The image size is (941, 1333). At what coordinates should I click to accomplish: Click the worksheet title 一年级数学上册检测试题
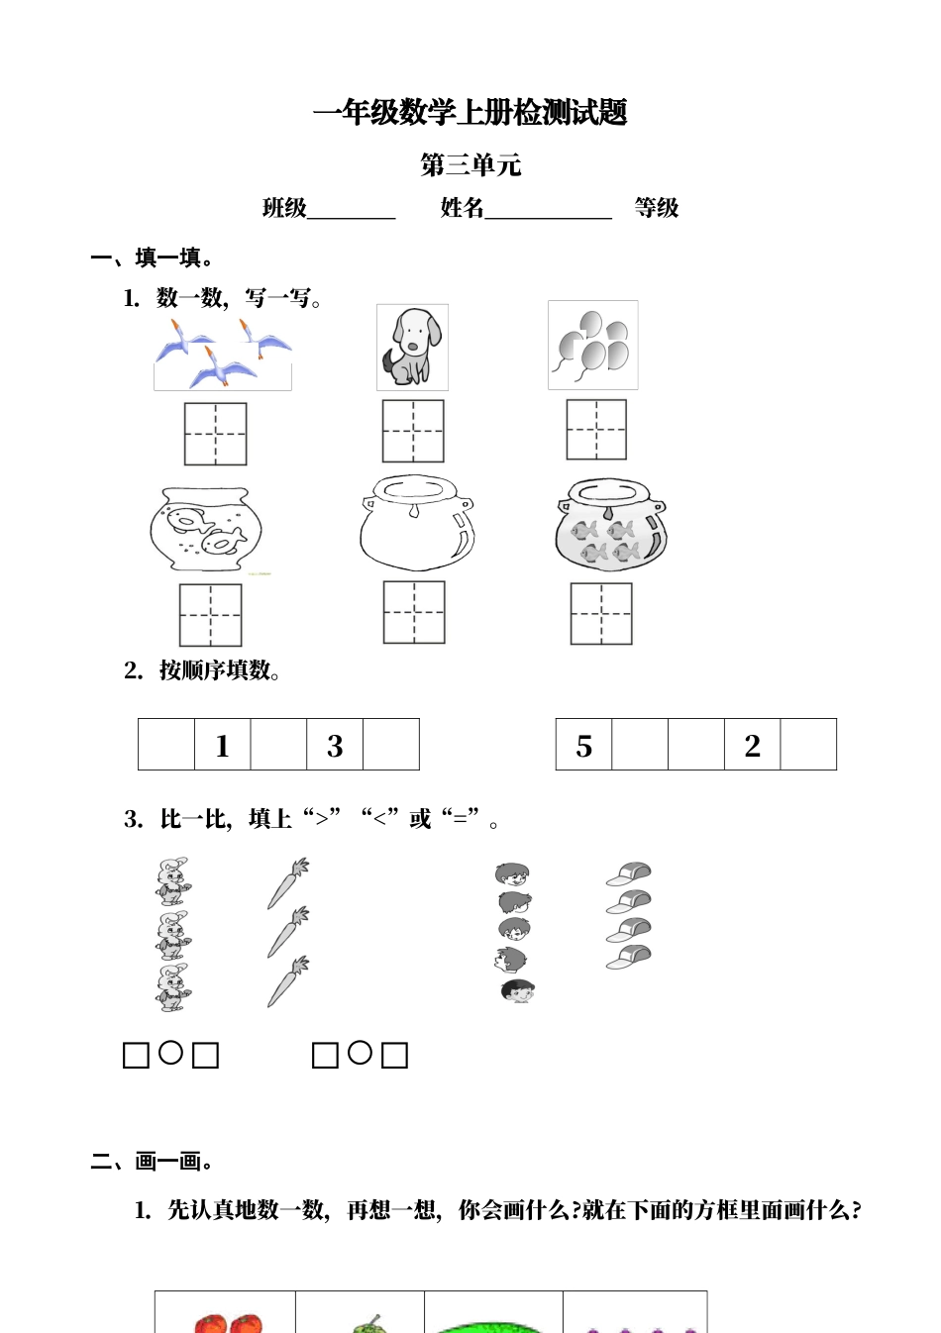470,113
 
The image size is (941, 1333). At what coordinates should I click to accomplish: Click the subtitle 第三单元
470,165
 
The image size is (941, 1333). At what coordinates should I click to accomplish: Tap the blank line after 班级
352,211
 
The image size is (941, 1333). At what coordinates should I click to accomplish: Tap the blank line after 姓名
548,211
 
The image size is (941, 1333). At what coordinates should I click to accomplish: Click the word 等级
657,208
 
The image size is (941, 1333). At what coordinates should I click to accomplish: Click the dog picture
412,347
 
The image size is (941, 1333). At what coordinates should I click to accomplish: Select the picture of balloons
592,345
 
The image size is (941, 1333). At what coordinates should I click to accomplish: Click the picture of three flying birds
223,355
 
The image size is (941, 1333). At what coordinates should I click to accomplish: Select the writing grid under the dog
413,431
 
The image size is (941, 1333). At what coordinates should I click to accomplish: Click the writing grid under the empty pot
414,612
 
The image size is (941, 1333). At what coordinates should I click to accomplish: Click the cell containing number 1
222,745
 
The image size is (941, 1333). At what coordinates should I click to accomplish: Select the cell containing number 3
335,745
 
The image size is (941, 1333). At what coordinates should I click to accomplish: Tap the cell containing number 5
583,745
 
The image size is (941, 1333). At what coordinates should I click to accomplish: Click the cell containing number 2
752,745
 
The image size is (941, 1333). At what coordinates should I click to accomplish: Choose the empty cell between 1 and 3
278,745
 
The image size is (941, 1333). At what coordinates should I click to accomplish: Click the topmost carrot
288,882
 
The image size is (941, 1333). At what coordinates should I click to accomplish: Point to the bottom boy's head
517,990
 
